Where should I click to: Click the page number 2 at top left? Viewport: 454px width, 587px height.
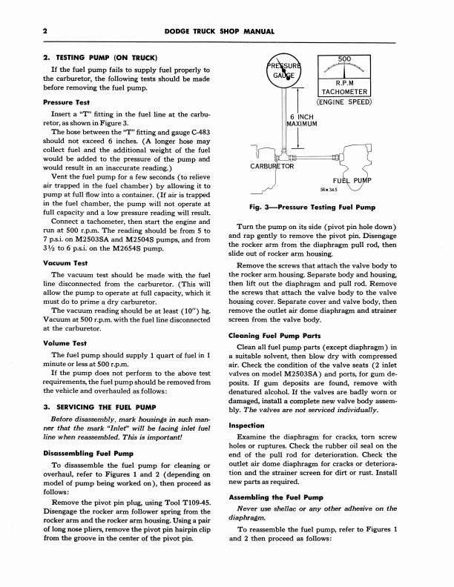(x=25, y=31)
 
